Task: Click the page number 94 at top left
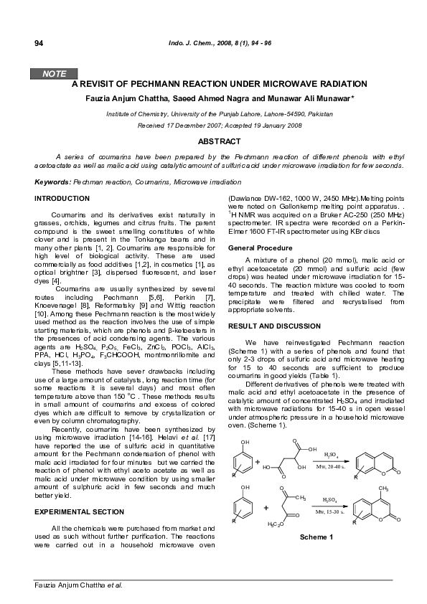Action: pyautogui.click(x=39, y=43)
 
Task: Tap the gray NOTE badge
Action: pyautogui.click(x=55, y=73)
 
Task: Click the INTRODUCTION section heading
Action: pyautogui.click(x=62, y=197)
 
